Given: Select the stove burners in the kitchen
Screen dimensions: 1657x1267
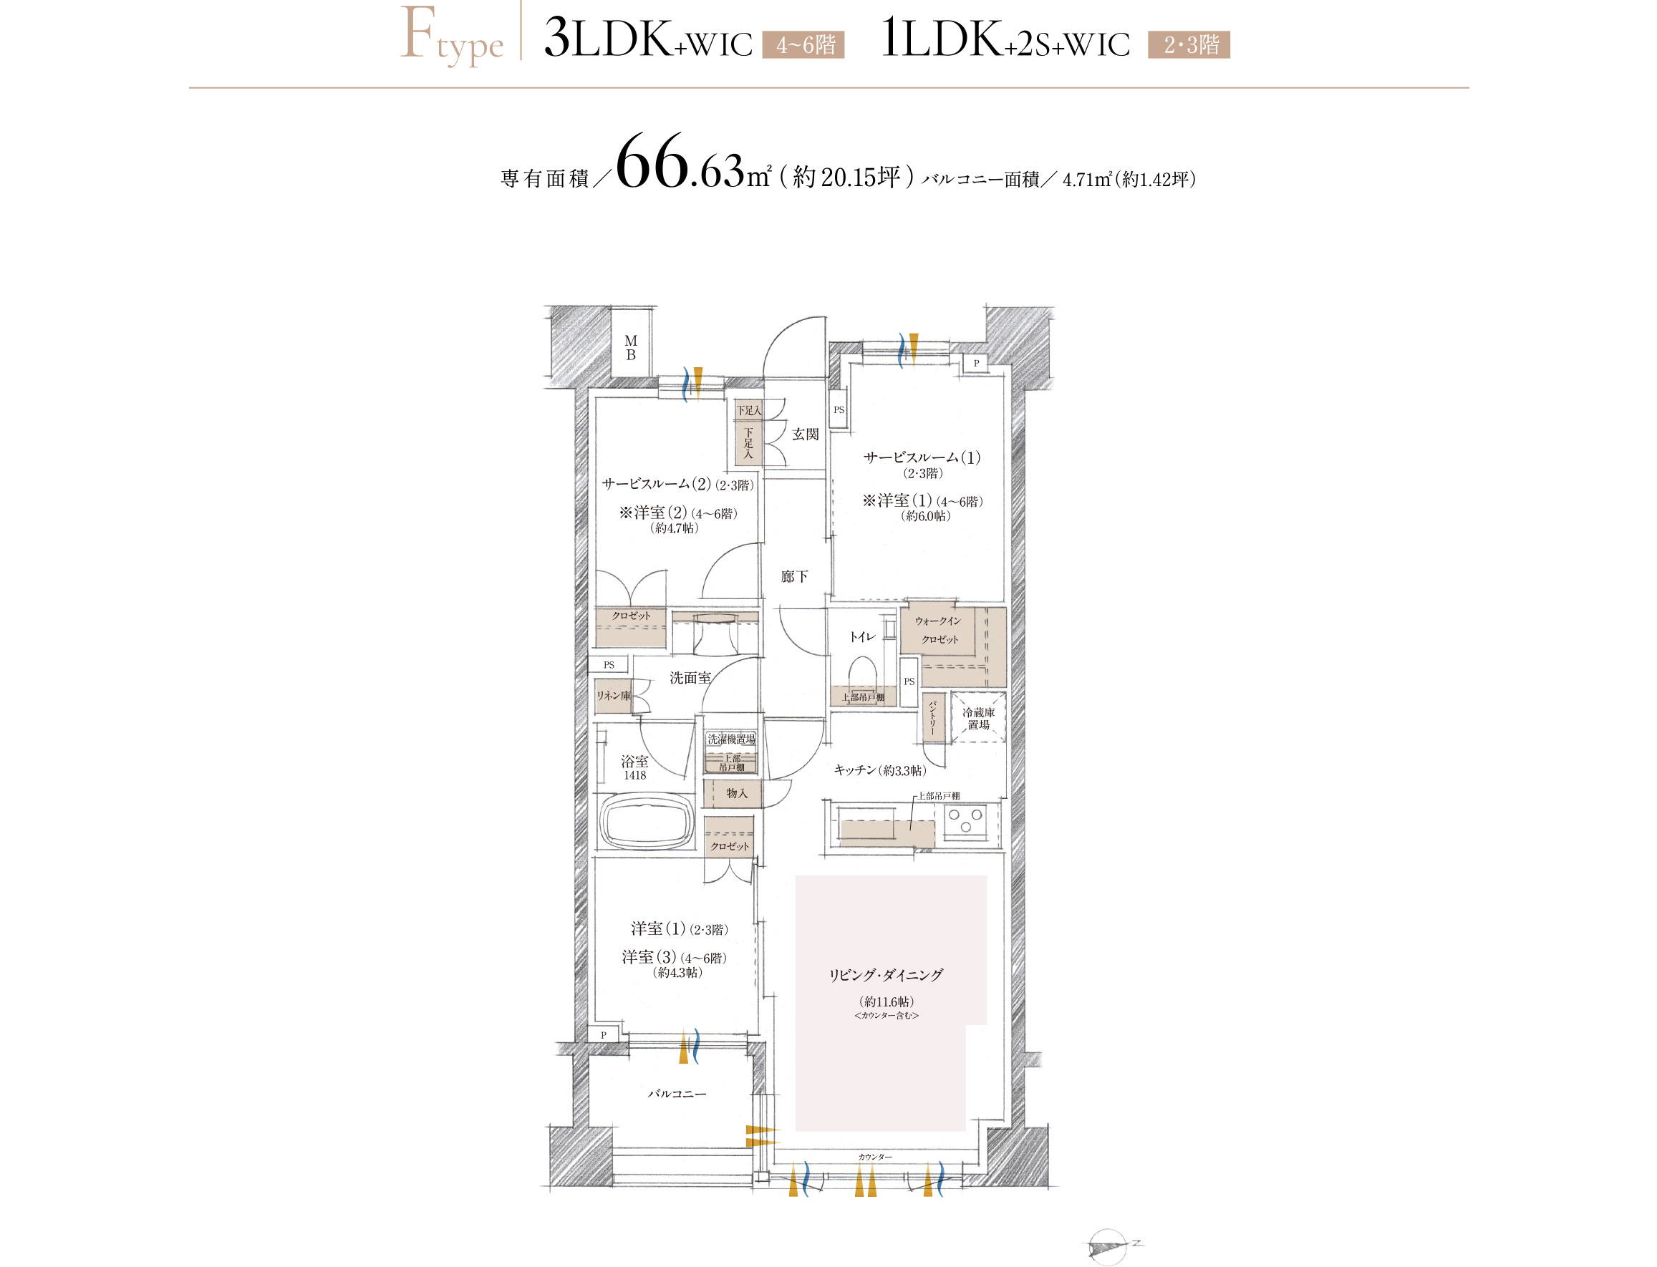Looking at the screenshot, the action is tap(966, 820).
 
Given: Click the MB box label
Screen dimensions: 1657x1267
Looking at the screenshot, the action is tap(631, 348).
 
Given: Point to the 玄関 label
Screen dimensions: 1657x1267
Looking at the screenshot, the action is tap(805, 435).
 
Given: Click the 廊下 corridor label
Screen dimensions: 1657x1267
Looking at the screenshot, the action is tap(794, 577).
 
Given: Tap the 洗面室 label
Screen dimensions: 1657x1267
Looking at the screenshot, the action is tap(690, 678).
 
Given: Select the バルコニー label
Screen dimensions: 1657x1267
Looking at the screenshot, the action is tap(677, 1094).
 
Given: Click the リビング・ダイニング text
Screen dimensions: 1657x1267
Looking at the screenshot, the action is tap(886, 975).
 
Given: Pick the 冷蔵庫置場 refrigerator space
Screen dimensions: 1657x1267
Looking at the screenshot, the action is tap(978, 717).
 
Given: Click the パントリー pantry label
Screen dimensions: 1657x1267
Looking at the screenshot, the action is tap(932, 717).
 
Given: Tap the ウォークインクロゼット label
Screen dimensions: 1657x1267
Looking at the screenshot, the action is tap(938, 631).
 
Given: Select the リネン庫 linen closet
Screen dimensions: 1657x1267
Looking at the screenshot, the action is tap(613, 695).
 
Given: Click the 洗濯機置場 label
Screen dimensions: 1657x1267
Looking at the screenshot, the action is tap(730, 739).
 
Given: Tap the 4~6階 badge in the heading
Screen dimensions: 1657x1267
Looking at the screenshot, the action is tap(803, 45).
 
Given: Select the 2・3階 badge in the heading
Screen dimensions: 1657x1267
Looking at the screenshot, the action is tap(1189, 45).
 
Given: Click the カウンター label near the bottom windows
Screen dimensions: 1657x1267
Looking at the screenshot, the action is tap(874, 1157).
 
